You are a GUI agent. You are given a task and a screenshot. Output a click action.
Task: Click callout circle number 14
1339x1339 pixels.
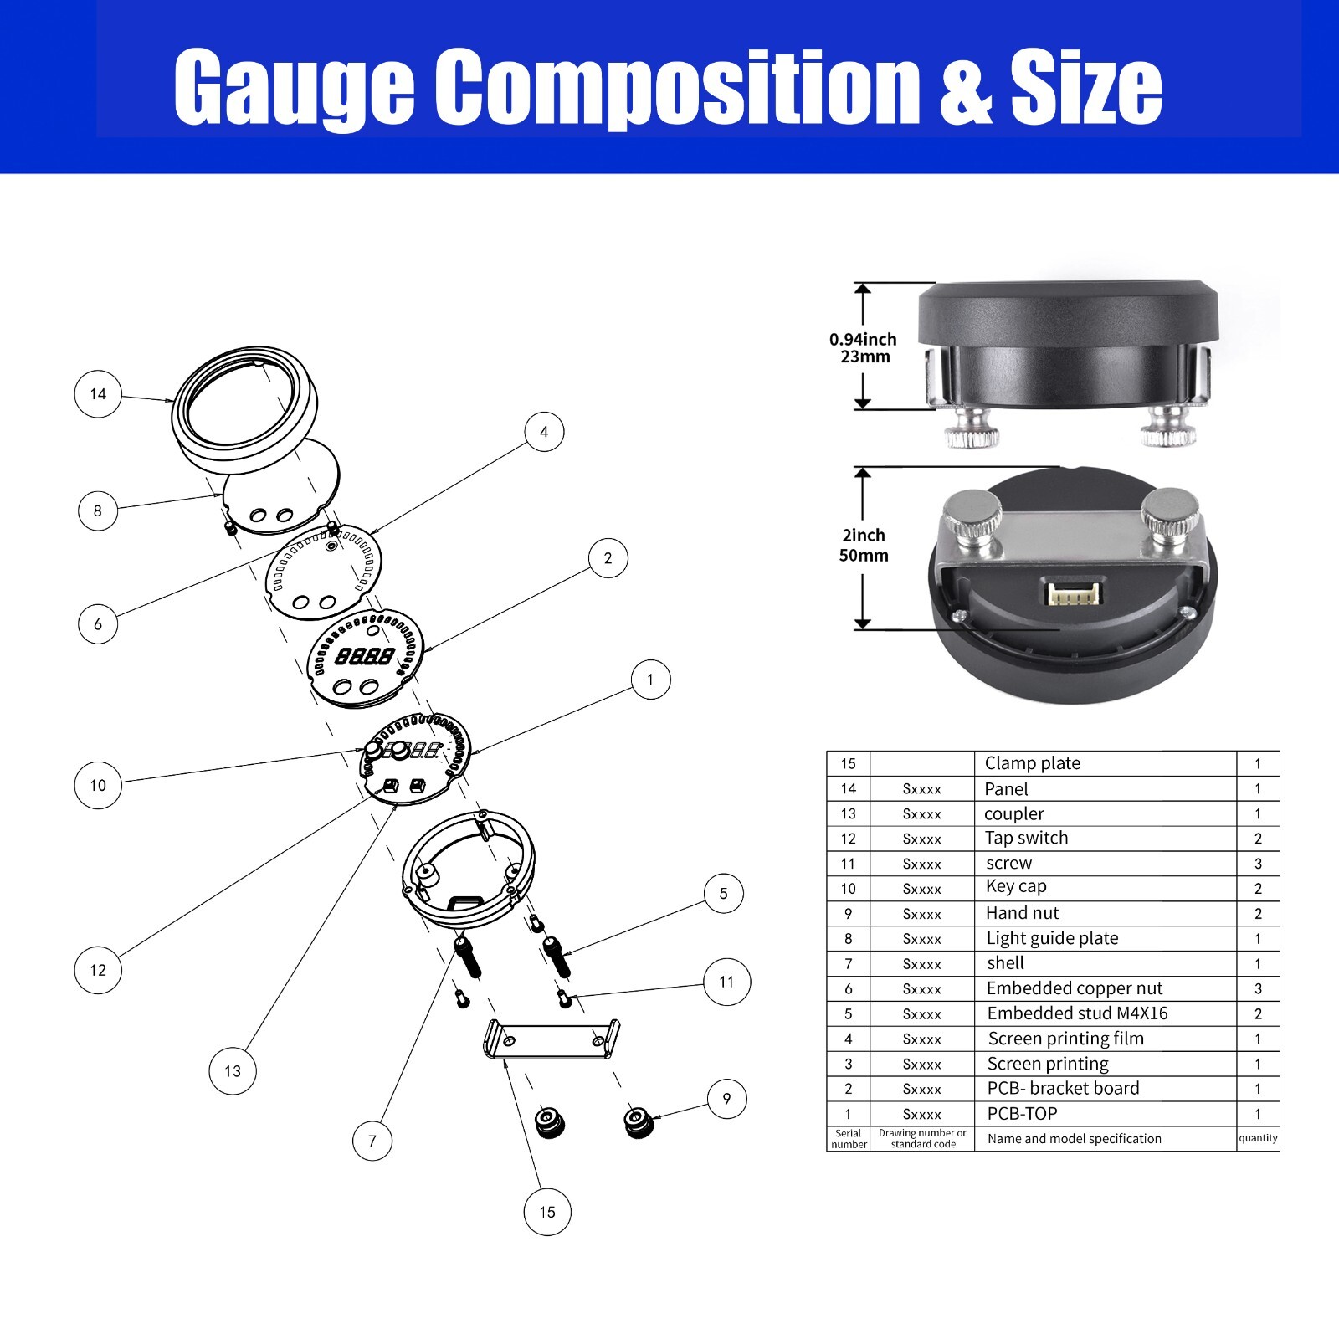[x=98, y=394]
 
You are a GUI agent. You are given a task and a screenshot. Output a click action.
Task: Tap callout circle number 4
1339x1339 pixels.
[x=544, y=432]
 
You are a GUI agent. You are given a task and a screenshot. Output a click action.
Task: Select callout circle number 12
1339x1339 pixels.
[x=98, y=970]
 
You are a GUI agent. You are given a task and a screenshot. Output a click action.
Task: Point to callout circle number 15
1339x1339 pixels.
[x=547, y=1212]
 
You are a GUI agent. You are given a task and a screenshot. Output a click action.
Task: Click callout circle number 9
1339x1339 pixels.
[x=726, y=1099]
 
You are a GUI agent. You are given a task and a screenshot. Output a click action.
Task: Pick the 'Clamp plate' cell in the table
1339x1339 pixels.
[x=1032, y=763]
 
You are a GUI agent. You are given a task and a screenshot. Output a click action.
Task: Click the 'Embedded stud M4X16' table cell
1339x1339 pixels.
[x=1077, y=1013]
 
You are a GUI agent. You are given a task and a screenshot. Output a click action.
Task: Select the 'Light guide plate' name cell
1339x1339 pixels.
[x=1052, y=938]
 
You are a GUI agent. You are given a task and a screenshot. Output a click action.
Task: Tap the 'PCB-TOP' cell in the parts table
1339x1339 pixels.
[x=1022, y=1114]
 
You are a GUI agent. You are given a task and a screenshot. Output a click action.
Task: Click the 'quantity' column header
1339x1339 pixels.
[x=1258, y=1138]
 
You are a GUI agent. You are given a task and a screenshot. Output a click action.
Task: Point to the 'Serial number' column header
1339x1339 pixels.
[x=849, y=1139]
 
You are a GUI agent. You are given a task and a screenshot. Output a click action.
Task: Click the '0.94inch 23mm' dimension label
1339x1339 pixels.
[x=864, y=348]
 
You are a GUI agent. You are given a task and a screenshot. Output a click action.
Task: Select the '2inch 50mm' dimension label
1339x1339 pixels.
[x=864, y=545]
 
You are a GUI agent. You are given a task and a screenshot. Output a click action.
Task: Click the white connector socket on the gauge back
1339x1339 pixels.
[x=1074, y=593]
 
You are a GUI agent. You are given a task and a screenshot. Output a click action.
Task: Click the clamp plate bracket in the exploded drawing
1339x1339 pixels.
[x=552, y=1041]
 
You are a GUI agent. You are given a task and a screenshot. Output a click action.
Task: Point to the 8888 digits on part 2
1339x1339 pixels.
[x=364, y=657]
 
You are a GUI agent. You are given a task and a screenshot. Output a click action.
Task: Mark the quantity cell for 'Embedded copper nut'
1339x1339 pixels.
[x=1258, y=988]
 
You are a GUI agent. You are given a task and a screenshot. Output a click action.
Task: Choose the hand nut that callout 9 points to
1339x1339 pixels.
[x=640, y=1121]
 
